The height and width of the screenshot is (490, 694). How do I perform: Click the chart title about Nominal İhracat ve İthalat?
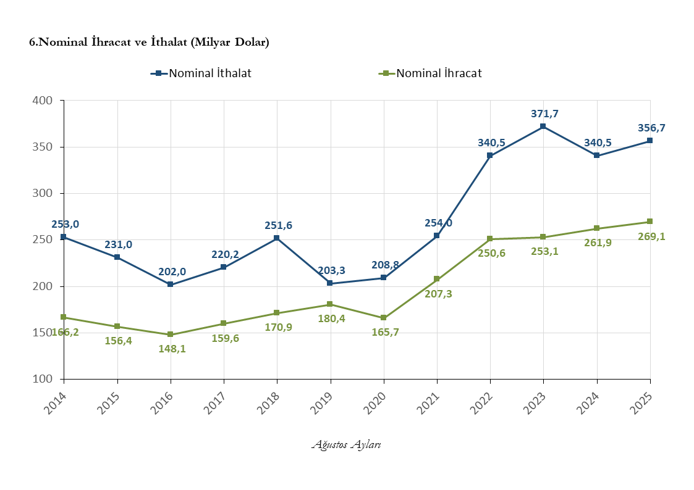149,42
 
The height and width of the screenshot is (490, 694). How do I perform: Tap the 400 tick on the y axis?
44,100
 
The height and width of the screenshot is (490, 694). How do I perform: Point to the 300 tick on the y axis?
44,193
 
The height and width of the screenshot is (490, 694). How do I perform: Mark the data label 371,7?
544,114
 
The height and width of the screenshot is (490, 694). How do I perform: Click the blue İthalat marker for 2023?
543,127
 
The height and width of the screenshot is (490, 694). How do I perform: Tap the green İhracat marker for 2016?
171,334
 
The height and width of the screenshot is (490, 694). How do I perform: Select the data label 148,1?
172,348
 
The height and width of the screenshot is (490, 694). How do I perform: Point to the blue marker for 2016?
171,284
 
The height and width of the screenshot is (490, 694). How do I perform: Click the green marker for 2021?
437,279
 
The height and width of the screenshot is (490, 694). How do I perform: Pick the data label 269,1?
651,236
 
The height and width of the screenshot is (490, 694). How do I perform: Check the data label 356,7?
651,128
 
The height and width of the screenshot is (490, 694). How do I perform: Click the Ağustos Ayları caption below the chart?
346,444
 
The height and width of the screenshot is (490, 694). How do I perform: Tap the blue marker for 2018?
277,238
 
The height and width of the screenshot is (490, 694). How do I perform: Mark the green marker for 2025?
650,222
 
